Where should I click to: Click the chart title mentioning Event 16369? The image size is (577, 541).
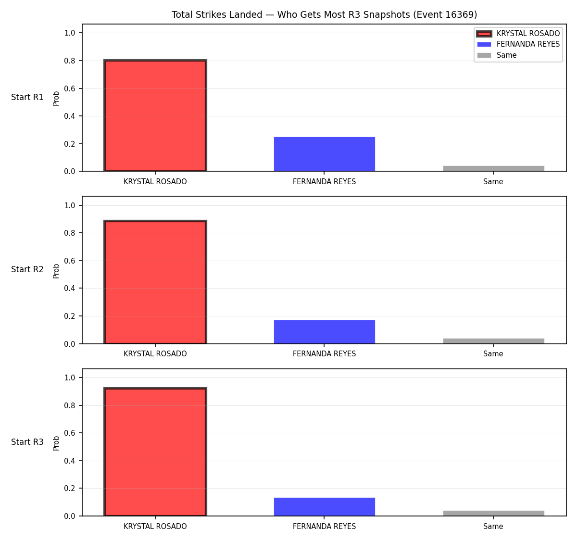[x=324, y=14]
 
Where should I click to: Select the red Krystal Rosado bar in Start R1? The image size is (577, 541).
[x=155, y=115]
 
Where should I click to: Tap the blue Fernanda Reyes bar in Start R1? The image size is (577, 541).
[x=324, y=154]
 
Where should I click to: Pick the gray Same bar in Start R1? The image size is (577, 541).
[x=493, y=168]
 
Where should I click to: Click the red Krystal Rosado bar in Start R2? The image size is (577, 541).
[x=155, y=282]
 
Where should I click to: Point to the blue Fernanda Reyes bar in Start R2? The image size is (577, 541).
[x=324, y=332]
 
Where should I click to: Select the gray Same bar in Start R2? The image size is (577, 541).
[x=493, y=340]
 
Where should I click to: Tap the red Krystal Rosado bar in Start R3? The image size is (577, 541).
[x=155, y=452]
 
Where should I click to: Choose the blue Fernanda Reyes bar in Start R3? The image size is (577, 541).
[x=324, y=507]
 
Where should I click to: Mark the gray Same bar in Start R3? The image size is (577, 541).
[x=493, y=513]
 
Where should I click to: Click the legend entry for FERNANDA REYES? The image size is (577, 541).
[x=518, y=44]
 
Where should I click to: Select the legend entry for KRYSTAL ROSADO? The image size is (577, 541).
[x=518, y=34]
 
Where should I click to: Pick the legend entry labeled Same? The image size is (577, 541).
[x=497, y=55]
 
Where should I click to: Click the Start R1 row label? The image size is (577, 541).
[x=27, y=97]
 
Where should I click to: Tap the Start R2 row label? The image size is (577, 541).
[x=27, y=269]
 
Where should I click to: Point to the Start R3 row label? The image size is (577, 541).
[x=27, y=441]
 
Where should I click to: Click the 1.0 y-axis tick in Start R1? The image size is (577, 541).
[x=69, y=33]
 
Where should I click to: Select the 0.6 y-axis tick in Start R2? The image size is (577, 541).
[x=69, y=261]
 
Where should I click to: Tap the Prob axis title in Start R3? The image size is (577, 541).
[x=56, y=443]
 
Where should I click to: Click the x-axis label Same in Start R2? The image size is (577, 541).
[x=493, y=354]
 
